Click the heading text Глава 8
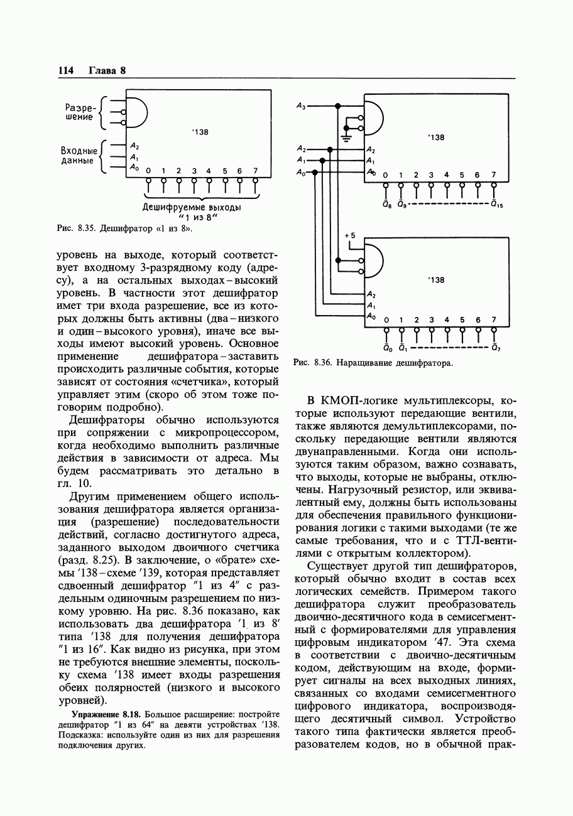point(107,70)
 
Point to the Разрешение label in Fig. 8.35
point(79,112)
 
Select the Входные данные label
point(79,156)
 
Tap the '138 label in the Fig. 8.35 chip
point(200,132)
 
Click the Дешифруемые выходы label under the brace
point(192,207)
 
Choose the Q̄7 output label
point(496,348)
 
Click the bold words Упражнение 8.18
point(107,715)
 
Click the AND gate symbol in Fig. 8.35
point(138,114)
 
